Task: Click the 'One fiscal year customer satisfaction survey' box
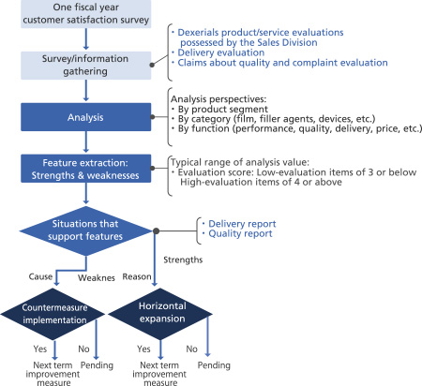pyautogui.click(x=86, y=14)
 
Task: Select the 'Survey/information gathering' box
pyautogui.click(x=86, y=66)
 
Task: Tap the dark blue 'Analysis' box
pyautogui.click(x=86, y=117)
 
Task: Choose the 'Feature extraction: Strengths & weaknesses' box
pyautogui.click(x=86, y=169)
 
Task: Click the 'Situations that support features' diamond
pyautogui.click(x=86, y=230)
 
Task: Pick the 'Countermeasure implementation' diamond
pyautogui.click(x=53, y=314)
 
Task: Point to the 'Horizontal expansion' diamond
pyautogui.click(x=160, y=314)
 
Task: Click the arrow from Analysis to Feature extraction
pyautogui.click(x=86, y=141)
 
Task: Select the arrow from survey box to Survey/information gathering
pyautogui.click(x=86, y=39)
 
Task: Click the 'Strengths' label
pyautogui.click(x=183, y=260)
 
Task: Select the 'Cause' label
pyautogui.click(x=40, y=276)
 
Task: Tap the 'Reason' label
pyautogui.click(x=137, y=276)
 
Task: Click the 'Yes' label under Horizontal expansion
pyautogui.click(x=143, y=349)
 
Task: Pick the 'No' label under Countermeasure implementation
pyautogui.click(x=83, y=349)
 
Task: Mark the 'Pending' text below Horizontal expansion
pyautogui.click(x=214, y=365)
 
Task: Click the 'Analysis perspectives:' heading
pyautogui.click(x=219, y=99)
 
